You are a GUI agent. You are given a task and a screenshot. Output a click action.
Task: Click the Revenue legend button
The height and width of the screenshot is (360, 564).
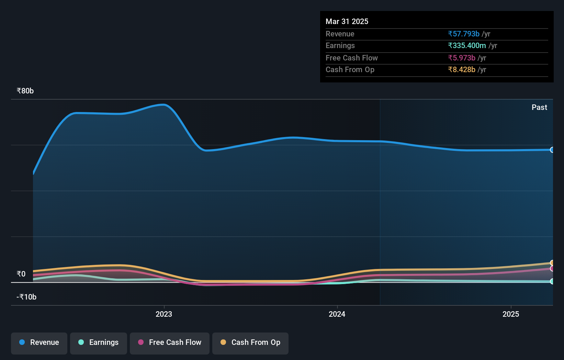click(39, 343)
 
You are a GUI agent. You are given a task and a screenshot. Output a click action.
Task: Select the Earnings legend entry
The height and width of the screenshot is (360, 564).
click(99, 343)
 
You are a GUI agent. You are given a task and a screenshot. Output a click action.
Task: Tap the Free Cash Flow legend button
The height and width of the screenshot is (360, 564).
click(170, 343)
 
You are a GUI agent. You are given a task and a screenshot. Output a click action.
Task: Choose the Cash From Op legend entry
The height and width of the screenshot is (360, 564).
click(250, 343)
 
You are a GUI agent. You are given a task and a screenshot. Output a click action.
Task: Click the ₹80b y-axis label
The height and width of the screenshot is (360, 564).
click(25, 91)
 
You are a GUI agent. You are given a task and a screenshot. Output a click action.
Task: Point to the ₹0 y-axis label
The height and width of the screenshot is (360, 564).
click(21, 274)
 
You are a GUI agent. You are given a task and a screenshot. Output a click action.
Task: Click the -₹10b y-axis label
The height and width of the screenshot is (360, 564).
click(26, 297)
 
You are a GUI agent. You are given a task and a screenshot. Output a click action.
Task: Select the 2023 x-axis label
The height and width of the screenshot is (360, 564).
click(164, 314)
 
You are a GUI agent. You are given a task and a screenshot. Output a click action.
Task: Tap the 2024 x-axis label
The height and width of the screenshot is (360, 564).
click(337, 314)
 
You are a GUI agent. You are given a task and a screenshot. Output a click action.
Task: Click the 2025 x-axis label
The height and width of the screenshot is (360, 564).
click(511, 314)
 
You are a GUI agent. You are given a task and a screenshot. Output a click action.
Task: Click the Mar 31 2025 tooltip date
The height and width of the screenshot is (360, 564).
click(347, 22)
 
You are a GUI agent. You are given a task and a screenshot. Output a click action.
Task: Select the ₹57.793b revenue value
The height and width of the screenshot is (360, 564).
click(463, 34)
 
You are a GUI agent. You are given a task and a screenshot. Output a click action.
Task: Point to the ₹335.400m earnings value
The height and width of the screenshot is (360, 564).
click(467, 46)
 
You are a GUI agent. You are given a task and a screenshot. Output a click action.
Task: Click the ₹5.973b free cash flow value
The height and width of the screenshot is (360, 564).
click(462, 58)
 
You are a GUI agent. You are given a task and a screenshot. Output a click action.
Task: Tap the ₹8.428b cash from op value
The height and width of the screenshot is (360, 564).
click(462, 70)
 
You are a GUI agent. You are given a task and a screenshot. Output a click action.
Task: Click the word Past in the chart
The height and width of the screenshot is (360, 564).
click(539, 108)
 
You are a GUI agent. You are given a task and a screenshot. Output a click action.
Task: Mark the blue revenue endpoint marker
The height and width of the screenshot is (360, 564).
click(552, 150)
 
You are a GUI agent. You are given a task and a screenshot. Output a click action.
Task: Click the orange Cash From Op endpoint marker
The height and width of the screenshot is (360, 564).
click(552, 263)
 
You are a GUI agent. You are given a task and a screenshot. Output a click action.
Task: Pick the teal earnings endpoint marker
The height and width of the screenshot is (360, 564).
click(552, 281)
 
